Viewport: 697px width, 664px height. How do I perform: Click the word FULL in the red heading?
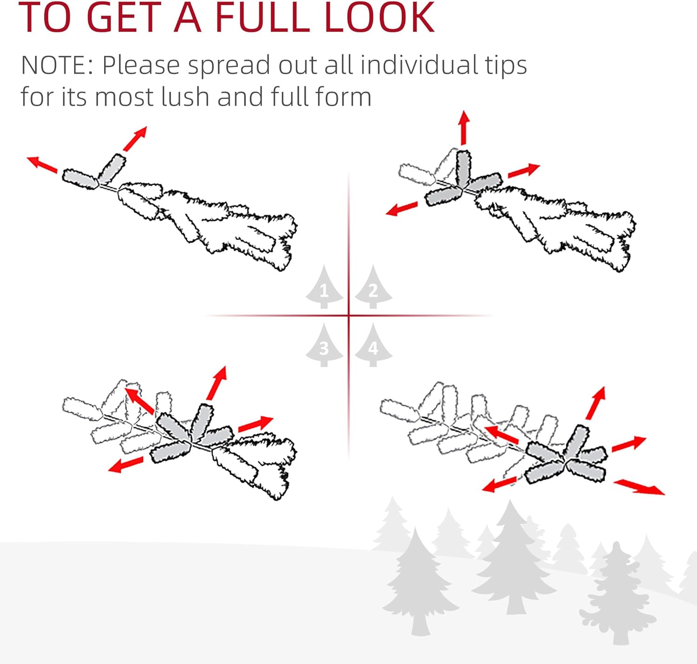(263, 17)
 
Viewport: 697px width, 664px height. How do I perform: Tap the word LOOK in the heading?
(380, 17)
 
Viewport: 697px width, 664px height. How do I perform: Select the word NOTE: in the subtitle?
(58, 65)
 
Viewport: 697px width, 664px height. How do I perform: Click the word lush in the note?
(185, 97)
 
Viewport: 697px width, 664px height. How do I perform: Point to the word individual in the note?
(420, 65)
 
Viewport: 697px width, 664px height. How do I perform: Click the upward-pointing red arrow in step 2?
(463, 128)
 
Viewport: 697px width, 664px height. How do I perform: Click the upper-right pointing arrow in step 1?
(135, 138)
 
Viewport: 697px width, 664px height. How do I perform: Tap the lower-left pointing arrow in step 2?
(401, 208)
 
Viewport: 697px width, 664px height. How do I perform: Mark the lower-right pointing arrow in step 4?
(639, 487)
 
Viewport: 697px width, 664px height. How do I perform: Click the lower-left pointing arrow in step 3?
(125, 464)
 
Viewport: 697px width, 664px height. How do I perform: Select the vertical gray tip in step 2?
(463, 168)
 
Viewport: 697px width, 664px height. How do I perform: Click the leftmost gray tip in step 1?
(80, 179)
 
